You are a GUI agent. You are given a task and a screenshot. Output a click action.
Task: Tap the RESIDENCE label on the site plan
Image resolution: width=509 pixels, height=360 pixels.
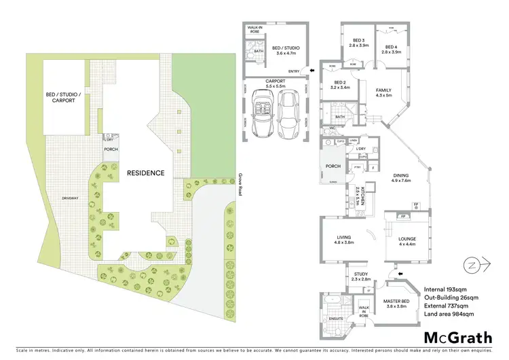click(145, 173)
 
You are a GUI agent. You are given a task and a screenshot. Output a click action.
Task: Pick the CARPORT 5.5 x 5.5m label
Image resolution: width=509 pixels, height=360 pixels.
click(280, 88)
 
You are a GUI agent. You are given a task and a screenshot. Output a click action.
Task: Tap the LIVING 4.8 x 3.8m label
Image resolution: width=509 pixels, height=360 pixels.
click(337, 240)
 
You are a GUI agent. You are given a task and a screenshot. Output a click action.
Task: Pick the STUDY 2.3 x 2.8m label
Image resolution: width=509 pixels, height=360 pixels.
click(360, 275)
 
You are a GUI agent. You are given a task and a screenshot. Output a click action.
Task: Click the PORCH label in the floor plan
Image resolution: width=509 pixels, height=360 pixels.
click(333, 166)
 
